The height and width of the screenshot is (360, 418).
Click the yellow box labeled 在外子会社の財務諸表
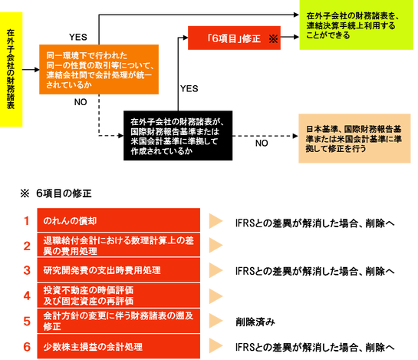point(11,69)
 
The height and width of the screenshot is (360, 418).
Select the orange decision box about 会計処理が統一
point(99,69)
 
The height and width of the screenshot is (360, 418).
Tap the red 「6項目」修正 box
point(234,38)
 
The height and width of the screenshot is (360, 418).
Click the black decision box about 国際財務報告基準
point(178,136)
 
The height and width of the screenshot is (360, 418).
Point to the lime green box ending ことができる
point(356,25)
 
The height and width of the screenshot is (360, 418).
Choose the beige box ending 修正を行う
point(354,138)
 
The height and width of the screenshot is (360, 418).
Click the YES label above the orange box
point(77,37)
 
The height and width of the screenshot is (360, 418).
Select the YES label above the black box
point(189,88)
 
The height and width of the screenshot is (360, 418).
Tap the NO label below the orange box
point(81,102)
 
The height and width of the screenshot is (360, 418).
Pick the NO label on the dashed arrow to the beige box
point(262,144)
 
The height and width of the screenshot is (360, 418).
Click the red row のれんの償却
point(118,220)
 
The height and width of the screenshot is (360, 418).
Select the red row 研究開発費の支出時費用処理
point(118,270)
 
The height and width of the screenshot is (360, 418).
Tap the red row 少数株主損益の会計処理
point(118,347)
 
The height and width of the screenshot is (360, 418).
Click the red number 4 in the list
point(27,296)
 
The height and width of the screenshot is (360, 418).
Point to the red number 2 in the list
point(27,246)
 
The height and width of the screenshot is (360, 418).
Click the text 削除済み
point(255,322)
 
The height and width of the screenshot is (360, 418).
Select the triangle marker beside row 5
point(216,321)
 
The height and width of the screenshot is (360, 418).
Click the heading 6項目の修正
point(64,193)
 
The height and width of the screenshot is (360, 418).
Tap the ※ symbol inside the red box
point(273,39)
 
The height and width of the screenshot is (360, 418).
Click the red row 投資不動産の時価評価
point(118,296)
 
